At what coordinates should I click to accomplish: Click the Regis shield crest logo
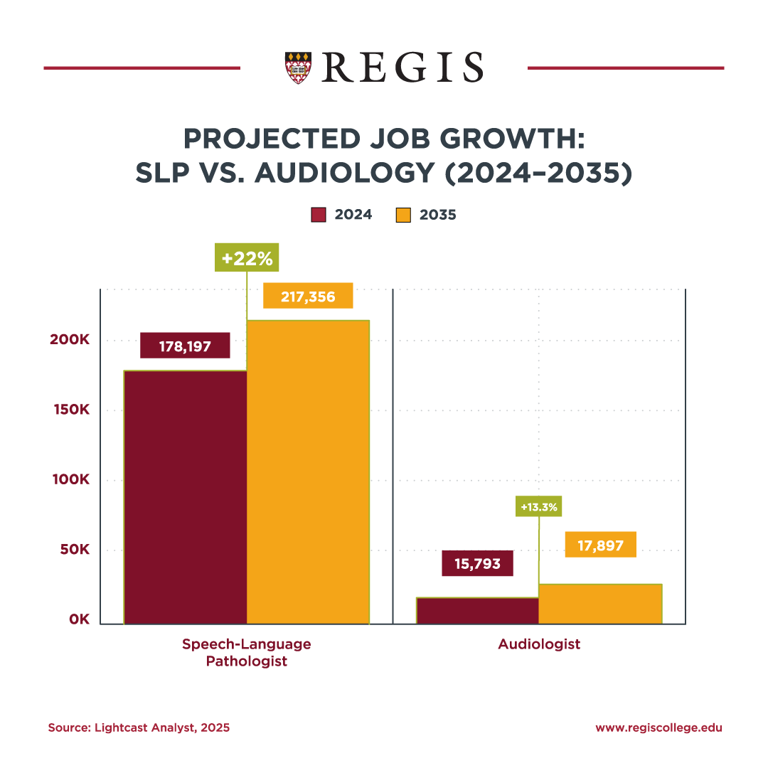click(x=297, y=68)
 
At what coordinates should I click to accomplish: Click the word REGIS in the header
click(x=402, y=68)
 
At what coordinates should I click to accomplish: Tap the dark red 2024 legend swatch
click(x=319, y=215)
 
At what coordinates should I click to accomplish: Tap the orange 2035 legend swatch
click(x=403, y=215)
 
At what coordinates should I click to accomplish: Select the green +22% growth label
click(x=247, y=258)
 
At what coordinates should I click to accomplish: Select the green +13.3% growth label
click(x=539, y=507)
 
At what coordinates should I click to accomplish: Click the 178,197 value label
click(x=185, y=346)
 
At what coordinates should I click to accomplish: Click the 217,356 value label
click(x=308, y=297)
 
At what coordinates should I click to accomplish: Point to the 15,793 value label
click(x=477, y=564)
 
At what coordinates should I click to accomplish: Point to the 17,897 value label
click(x=600, y=545)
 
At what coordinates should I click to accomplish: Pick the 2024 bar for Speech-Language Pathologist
click(x=186, y=498)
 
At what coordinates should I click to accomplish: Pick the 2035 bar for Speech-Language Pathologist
click(x=308, y=473)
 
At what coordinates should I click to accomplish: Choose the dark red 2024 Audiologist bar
click(x=477, y=611)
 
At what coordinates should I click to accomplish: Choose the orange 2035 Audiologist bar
click(x=600, y=604)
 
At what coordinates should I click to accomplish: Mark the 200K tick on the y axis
click(x=69, y=340)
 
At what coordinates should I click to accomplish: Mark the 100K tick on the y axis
click(x=69, y=480)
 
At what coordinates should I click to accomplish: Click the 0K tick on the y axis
click(x=78, y=619)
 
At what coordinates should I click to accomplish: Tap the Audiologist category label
click(x=539, y=644)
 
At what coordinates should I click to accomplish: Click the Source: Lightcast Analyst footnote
click(x=139, y=727)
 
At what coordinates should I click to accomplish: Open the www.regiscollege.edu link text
click(x=658, y=727)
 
